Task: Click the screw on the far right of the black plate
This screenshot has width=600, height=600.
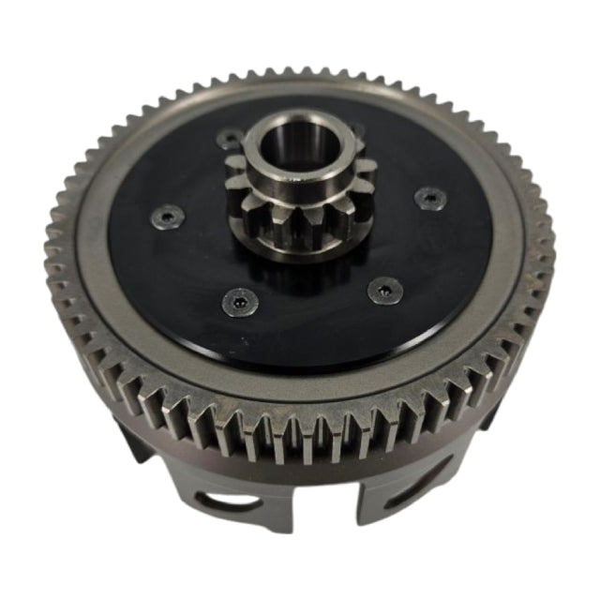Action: coord(428,197)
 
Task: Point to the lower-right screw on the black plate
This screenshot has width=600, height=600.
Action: coord(382,290)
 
